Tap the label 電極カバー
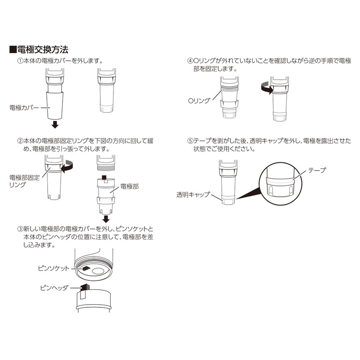[24, 108]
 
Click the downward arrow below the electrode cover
[54, 124]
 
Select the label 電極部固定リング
[23, 181]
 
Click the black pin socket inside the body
[84, 269]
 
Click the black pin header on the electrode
[85, 288]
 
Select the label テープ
[316, 171]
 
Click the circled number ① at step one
[20, 60]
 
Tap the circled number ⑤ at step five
[190, 141]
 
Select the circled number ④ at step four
[190, 60]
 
